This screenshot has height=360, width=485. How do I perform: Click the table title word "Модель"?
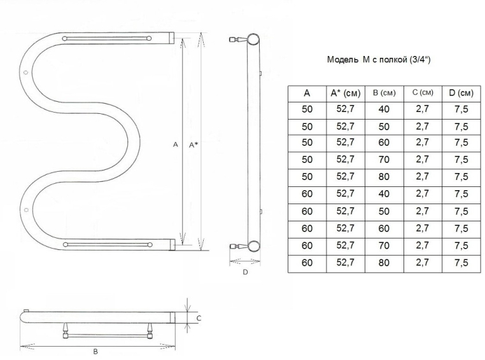(342, 59)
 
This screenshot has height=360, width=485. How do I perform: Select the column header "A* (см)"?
(346, 93)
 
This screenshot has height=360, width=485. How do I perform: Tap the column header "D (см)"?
(461, 93)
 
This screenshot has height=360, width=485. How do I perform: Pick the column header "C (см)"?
(423, 92)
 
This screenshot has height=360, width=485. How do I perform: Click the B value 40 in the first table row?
(384, 109)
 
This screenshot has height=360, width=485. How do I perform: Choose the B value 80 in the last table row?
(384, 263)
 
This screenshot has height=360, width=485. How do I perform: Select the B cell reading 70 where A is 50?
(384, 160)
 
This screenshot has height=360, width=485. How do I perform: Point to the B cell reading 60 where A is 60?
(384, 229)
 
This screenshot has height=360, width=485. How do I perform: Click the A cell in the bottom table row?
(307, 263)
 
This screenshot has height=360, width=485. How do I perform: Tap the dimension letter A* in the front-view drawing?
(193, 144)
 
